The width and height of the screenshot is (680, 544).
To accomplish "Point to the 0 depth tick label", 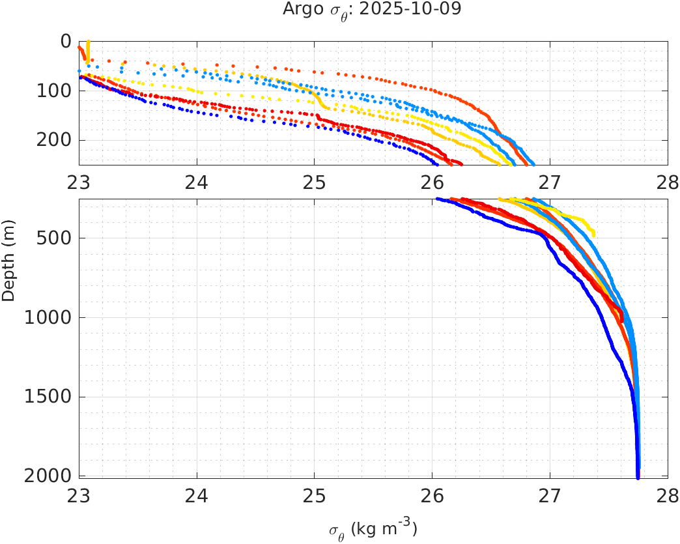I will (66, 42).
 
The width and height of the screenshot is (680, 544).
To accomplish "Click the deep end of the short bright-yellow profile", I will (593, 234).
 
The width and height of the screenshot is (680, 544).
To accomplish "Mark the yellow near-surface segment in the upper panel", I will (88, 50).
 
